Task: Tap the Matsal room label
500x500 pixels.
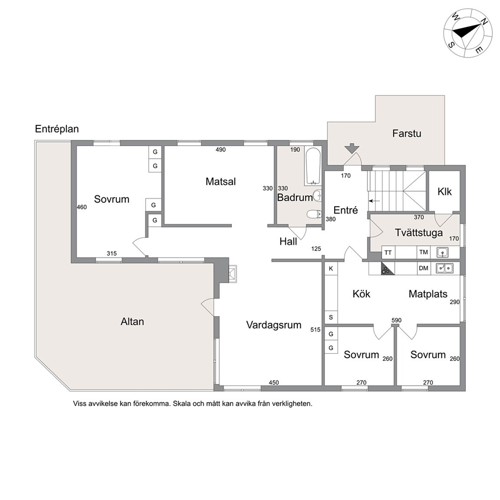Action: [x=221, y=181]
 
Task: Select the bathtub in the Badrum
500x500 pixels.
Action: [x=312, y=166]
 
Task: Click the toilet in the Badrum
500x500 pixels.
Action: [x=314, y=214]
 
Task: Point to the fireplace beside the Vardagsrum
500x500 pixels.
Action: [x=232, y=274]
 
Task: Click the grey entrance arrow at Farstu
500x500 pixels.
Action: [x=352, y=149]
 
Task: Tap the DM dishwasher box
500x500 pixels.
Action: [x=423, y=268]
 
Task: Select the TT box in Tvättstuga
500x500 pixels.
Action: [x=388, y=253]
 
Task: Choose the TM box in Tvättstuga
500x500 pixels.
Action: [x=423, y=252]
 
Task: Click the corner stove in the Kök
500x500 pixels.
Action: [x=387, y=270]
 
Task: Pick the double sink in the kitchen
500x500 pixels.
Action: [x=445, y=268]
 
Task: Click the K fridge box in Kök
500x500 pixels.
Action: [x=331, y=269]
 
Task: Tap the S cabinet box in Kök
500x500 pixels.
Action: [x=331, y=317]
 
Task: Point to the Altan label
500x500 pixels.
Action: [x=133, y=322]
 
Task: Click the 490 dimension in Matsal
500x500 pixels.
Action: [x=220, y=150]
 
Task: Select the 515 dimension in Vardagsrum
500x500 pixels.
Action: [x=316, y=330]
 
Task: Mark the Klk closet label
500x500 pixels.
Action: [x=445, y=192]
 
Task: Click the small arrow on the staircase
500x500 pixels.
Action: [x=374, y=201]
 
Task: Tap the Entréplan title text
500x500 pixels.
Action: [x=57, y=129]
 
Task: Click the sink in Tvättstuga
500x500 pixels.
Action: [x=442, y=253]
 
